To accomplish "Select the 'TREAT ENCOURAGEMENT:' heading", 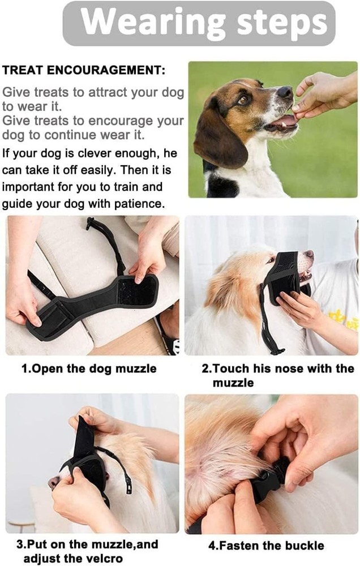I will pyautogui.click(x=84, y=71).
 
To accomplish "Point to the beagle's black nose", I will pyautogui.click(x=285, y=92).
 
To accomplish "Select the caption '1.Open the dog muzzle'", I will pyautogui.click(x=88, y=369).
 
